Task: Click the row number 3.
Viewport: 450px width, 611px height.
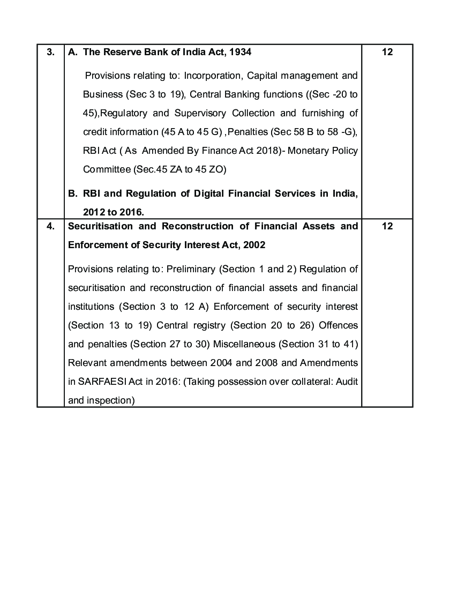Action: pos(50,52)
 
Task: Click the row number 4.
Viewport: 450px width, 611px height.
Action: pos(50,226)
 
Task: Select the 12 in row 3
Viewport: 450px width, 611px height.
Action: pos(388,52)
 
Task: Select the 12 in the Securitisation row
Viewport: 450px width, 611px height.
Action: pos(388,226)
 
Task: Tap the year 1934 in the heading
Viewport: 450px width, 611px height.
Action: pos(240,52)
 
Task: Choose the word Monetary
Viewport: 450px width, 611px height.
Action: pos(314,151)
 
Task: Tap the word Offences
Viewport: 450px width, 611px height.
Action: pos(340,325)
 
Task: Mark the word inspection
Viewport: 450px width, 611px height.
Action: pos(112,400)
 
